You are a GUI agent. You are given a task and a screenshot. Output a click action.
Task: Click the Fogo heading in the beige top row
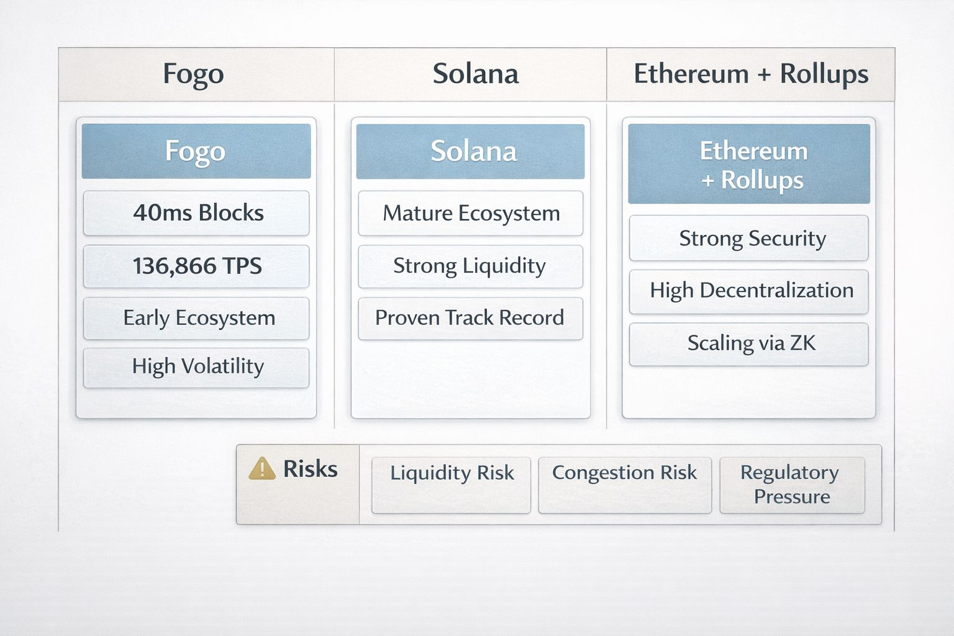(x=193, y=75)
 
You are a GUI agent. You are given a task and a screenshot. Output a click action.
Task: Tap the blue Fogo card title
(x=196, y=152)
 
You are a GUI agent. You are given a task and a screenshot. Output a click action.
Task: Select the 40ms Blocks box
(x=196, y=213)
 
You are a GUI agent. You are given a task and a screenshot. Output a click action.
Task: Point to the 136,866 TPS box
(x=196, y=266)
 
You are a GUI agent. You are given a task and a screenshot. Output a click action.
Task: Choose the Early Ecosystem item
(x=196, y=318)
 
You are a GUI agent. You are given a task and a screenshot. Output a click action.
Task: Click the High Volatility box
(x=196, y=367)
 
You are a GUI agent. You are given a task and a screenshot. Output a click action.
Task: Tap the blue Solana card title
(x=470, y=152)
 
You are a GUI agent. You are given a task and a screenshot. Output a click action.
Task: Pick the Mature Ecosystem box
(x=470, y=213)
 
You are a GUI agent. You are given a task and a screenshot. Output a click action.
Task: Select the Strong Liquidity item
(x=470, y=266)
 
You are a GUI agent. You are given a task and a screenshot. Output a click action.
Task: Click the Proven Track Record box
(x=470, y=318)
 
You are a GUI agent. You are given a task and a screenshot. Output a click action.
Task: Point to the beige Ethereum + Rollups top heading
(x=750, y=75)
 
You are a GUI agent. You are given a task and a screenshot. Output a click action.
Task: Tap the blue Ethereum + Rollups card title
(x=749, y=164)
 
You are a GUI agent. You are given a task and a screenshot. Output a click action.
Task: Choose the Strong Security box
(x=749, y=238)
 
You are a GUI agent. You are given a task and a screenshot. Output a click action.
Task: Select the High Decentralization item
(x=749, y=291)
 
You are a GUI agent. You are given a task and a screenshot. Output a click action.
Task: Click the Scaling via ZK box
(x=749, y=343)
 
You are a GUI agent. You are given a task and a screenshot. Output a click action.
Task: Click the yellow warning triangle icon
(x=262, y=468)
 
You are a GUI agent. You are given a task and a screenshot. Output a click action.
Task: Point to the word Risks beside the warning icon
(x=310, y=469)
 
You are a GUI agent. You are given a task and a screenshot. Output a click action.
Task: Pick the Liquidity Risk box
(x=452, y=484)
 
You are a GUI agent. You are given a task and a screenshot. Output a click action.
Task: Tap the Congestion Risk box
(x=625, y=484)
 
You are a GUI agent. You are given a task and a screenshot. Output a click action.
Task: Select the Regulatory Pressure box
(x=792, y=484)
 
